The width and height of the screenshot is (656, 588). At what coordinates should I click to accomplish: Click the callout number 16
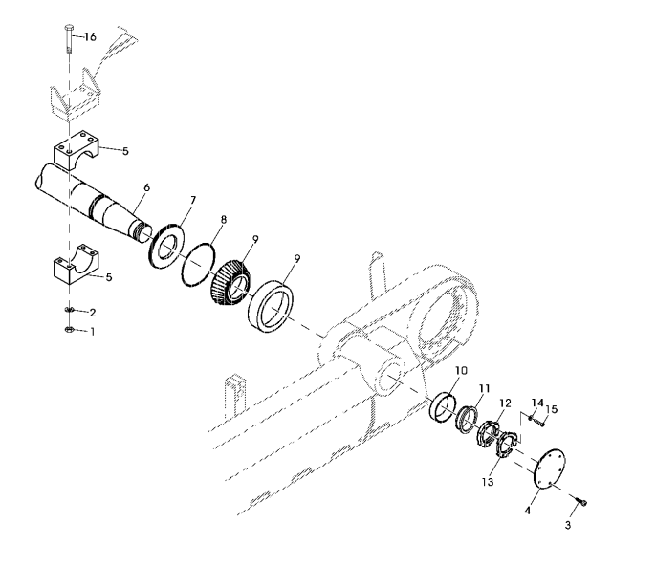point(90,37)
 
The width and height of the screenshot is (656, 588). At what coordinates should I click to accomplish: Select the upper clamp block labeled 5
point(76,149)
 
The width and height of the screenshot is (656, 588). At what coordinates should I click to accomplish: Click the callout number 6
point(146,187)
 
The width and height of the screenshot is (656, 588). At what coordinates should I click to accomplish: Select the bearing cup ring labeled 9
point(271,307)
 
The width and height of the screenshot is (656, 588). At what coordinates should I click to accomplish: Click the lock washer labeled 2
point(70,310)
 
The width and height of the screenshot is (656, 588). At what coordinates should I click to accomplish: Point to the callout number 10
point(462,371)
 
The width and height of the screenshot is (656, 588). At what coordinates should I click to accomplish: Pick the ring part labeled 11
point(467,420)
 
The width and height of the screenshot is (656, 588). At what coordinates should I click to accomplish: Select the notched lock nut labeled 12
point(489,434)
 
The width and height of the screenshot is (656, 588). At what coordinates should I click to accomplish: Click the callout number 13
point(488,482)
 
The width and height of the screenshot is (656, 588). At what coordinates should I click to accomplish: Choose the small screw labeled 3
point(581,501)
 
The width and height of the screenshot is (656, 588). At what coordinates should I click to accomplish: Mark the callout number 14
point(537,403)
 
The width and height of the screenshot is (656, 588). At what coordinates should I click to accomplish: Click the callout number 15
point(552,408)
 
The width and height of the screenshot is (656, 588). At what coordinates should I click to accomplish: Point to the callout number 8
point(224,220)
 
